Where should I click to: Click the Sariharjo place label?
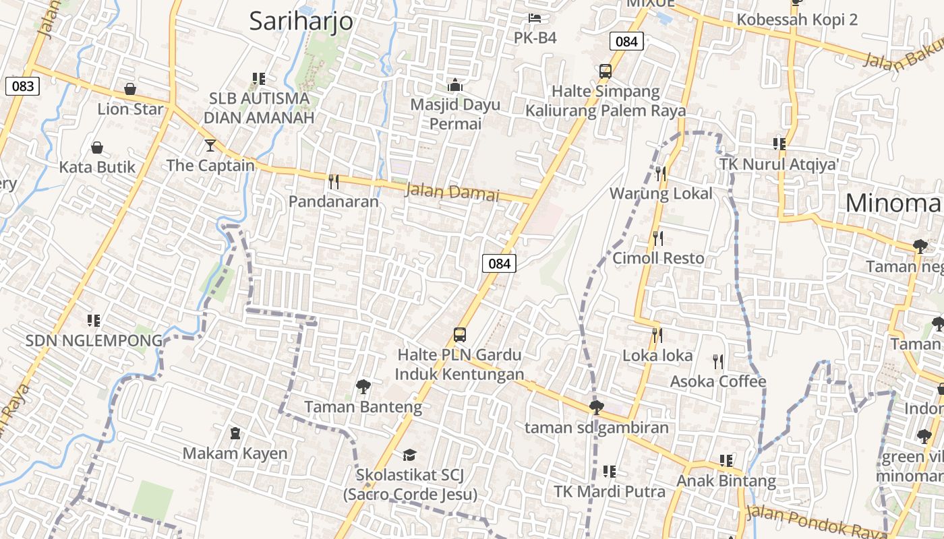coord(301,21)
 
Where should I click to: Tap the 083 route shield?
coord(22,86)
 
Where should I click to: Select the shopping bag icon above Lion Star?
coord(130,89)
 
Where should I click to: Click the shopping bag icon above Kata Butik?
coord(97,148)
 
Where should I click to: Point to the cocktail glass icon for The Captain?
coord(210,145)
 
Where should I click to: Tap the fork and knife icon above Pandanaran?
coord(333,181)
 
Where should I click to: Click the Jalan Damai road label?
coord(452,193)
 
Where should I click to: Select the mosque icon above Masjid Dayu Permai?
coord(455,85)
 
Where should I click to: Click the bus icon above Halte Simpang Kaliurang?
coord(605,71)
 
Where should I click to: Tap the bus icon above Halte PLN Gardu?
coord(459,334)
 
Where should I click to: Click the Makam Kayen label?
coord(235,453)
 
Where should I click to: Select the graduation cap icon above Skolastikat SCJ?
coord(409,455)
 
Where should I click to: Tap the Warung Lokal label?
coord(661,194)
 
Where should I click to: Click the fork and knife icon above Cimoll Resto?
coord(659,238)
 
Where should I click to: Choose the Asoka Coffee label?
coord(717,382)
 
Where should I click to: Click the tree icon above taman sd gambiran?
coord(596,407)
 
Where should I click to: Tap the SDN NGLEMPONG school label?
coord(94,341)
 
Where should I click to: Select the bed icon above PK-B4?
coord(535,18)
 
